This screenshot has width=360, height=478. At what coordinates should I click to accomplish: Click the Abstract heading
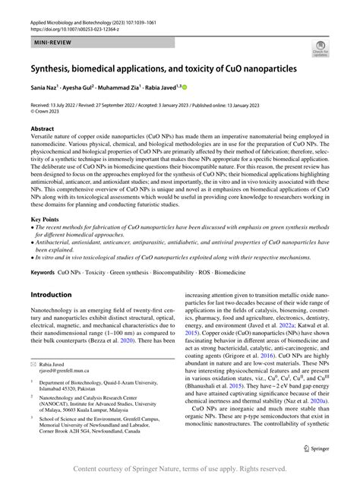pos(43,129)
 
